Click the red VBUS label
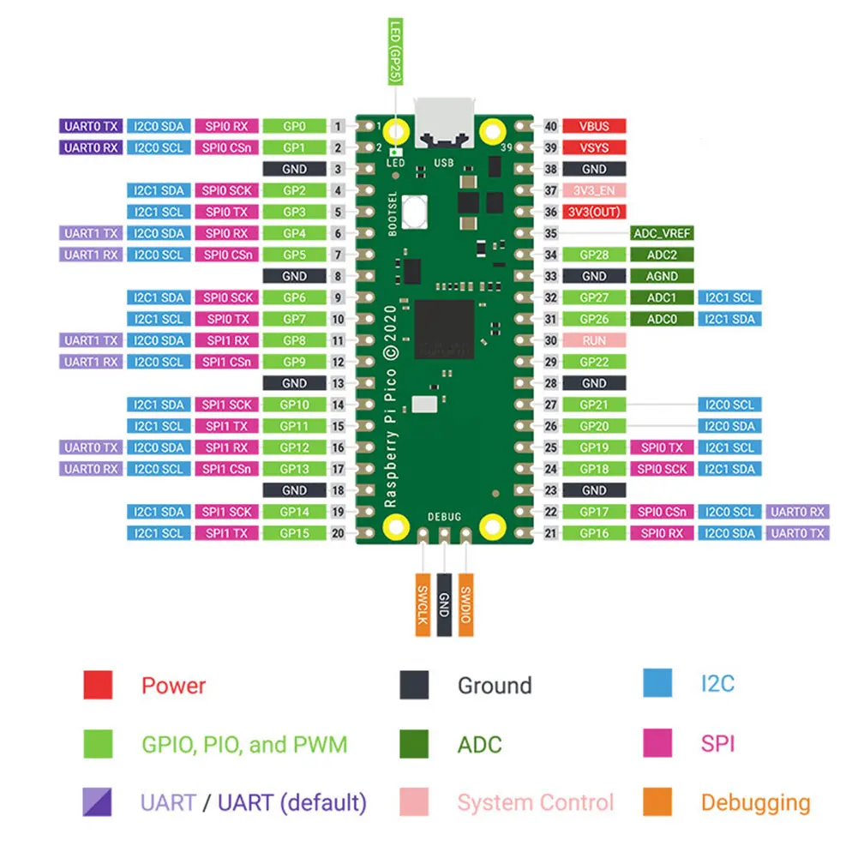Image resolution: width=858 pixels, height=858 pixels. click(594, 126)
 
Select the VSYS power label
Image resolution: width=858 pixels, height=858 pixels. click(594, 147)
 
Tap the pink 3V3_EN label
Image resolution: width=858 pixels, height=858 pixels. click(594, 190)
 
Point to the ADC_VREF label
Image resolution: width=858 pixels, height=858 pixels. click(661, 233)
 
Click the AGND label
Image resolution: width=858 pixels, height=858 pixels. click(661, 276)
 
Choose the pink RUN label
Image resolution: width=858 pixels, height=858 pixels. click(594, 340)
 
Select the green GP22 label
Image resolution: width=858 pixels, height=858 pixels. click(594, 362)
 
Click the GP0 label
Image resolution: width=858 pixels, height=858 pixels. click(294, 126)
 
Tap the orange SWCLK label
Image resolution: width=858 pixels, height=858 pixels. click(422, 603)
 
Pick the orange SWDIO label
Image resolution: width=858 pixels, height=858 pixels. click(465, 603)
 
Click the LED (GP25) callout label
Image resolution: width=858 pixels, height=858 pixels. click(395, 51)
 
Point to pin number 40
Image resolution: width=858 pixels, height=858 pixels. click(551, 126)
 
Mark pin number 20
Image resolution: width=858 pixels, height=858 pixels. click(338, 533)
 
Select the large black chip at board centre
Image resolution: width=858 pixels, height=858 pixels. click(444, 329)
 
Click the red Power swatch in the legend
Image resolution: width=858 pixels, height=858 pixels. click(98, 685)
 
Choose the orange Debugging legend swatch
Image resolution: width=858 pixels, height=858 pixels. click(657, 802)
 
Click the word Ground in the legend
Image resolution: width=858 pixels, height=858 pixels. click(495, 686)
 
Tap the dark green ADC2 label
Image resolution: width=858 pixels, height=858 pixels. click(661, 255)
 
